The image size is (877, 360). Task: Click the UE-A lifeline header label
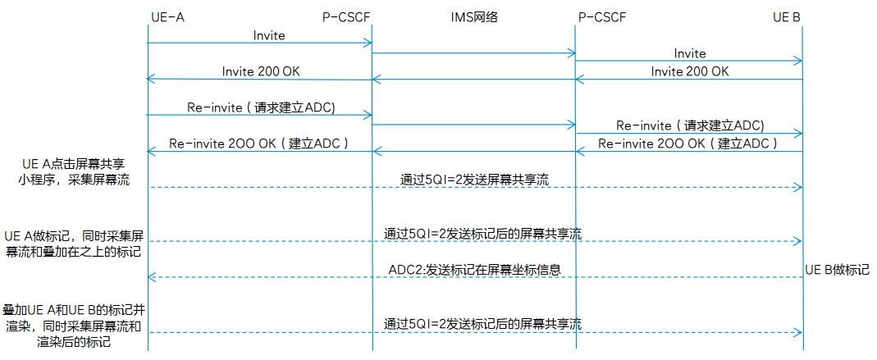point(167,17)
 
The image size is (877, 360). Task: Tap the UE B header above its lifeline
point(786,17)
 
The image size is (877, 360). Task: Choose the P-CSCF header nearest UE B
point(601,17)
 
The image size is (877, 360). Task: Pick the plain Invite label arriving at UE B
point(689,53)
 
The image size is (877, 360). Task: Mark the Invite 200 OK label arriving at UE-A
point(261,71)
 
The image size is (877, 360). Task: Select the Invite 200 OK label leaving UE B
point(689,71)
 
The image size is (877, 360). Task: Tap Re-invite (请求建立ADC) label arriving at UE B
point(690,125)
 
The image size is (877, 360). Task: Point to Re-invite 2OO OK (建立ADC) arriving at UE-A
point(259,144)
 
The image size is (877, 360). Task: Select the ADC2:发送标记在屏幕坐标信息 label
point(474,270)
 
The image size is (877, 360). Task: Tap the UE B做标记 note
point(837,270)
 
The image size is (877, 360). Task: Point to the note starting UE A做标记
point(72,243)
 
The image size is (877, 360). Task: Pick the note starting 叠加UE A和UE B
point(74,326)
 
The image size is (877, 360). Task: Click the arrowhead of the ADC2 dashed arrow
point(151,277)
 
